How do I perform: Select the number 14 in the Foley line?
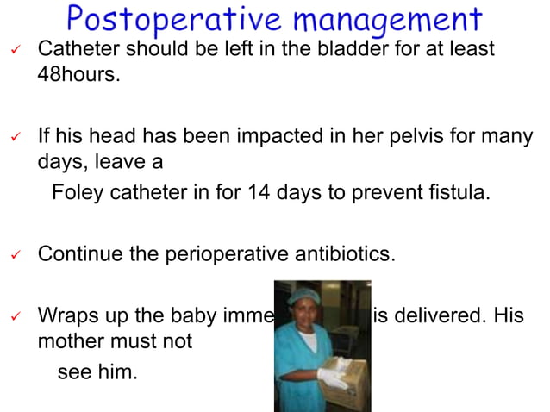[258, 191]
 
